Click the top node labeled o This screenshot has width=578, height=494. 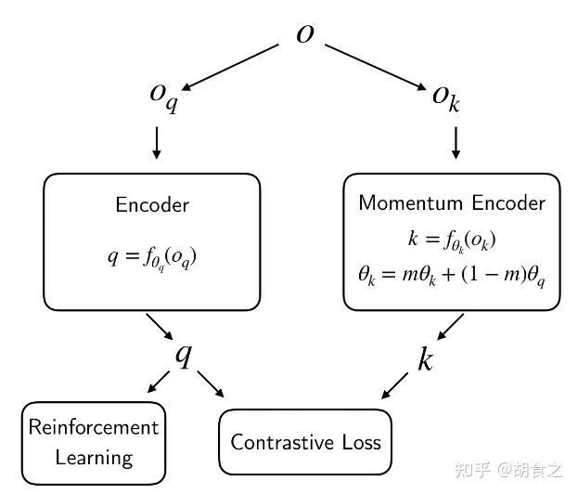(304, 33)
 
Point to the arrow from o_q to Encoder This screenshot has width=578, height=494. (156, 140)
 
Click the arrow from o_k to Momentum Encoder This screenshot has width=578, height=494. (456, 140)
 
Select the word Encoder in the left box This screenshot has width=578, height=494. (152, 205)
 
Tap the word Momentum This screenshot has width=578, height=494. (402, 202)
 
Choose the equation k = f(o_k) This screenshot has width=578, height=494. (452, 240)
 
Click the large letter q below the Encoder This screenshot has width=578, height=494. (184, 354)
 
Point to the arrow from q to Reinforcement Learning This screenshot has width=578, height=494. (153, 382)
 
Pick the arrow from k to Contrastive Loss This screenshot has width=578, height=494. (396, 383)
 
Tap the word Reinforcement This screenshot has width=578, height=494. (94, 427)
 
